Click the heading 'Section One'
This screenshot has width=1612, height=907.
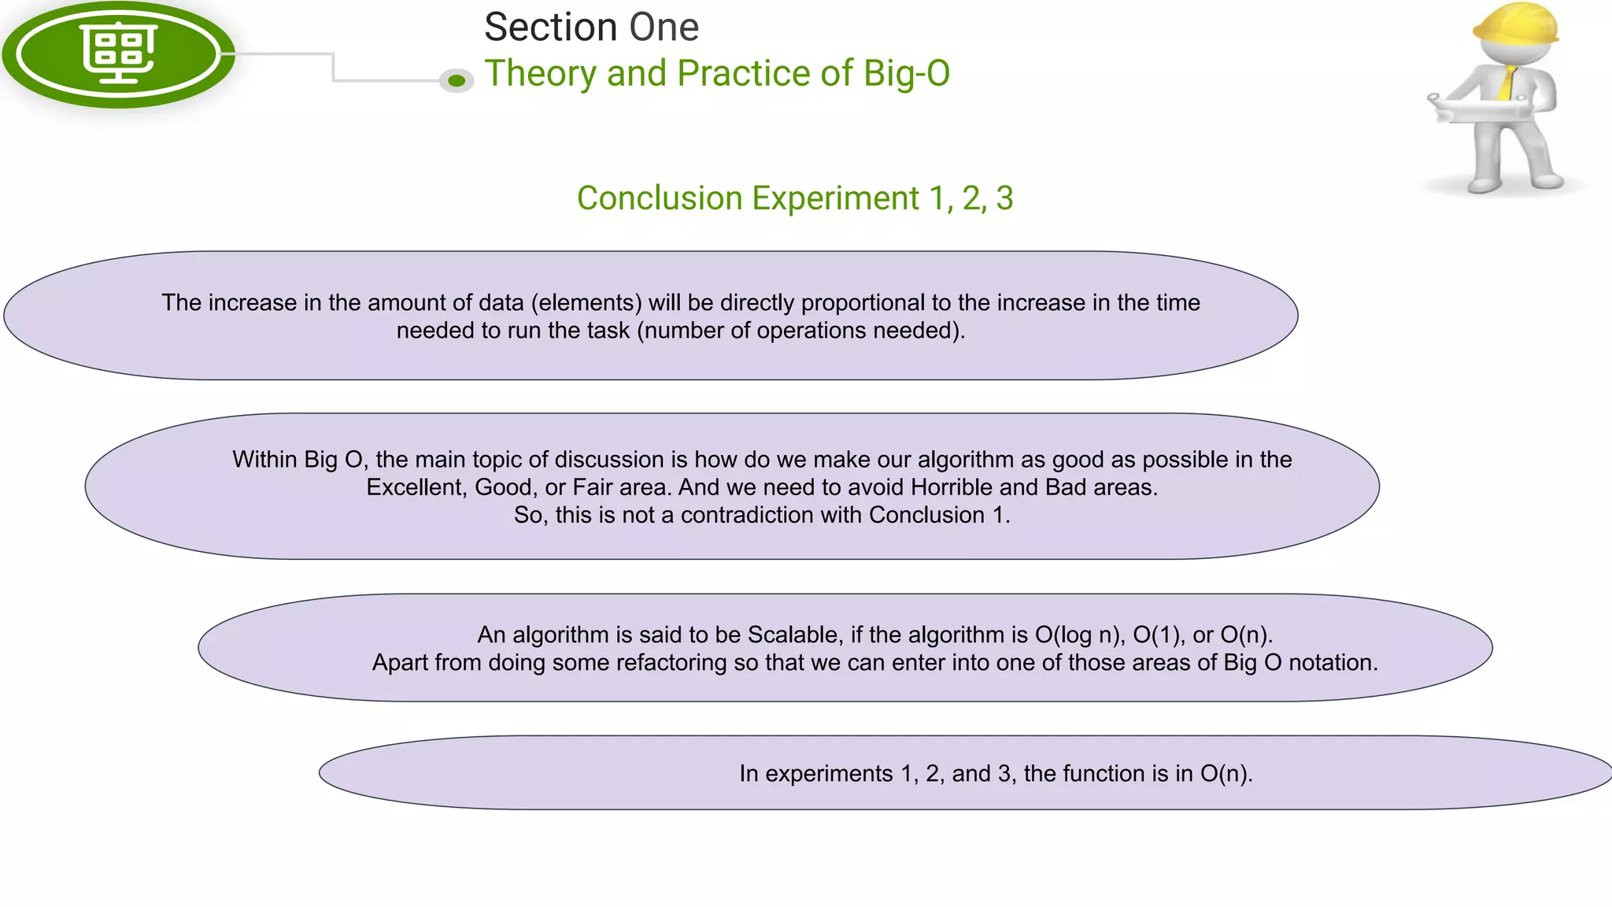tap(591, 28)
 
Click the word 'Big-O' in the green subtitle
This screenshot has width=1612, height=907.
tap(906, 73)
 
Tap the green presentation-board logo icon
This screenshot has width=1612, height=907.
tap(119, 54)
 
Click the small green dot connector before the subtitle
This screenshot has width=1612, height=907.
tap(457, 80)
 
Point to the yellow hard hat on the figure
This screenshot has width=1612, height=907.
tap(1514, 24)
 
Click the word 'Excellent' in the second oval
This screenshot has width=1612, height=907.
tap(414, 487)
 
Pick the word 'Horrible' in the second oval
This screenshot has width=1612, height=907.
tap(952, 487)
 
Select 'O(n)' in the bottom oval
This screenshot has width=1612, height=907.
tap(1226, 774)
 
